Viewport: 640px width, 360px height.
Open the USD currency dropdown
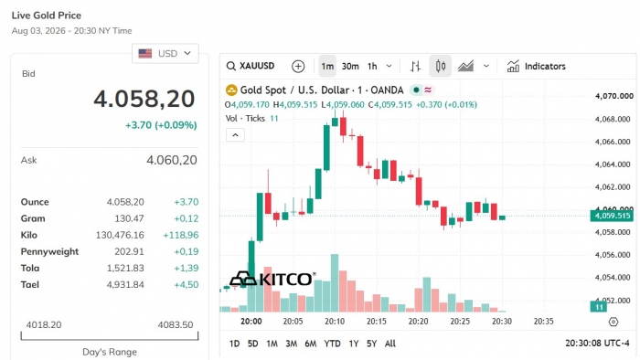click(165, 53)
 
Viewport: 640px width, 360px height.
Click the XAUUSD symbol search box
click(251, 66)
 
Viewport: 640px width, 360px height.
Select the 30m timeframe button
click(350, 66)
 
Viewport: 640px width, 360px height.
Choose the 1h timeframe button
click(372, 66)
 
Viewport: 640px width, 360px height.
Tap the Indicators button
click(537, 66)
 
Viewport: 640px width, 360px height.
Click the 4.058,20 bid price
click(144, 99)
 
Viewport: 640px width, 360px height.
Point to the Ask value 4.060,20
click(172, 160)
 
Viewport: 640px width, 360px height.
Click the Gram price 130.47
click(129, 218)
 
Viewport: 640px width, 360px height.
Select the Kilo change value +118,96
click(180, 235)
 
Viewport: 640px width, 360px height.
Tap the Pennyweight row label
click(49, 251)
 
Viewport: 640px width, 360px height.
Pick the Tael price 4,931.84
click(125, 284)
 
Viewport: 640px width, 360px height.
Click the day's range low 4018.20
click(44, 325)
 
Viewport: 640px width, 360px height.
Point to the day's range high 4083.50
click(176, 325)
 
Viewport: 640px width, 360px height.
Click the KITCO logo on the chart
click(272, 279)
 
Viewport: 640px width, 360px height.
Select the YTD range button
click(332, 344)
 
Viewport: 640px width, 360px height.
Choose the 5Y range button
click(371, 344)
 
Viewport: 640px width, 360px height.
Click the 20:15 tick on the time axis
click(377, 322)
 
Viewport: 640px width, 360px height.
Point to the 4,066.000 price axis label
click(613, 142)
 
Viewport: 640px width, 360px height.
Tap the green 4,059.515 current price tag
click(612, 216)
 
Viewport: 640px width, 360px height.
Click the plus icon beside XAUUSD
click(298, 66)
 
